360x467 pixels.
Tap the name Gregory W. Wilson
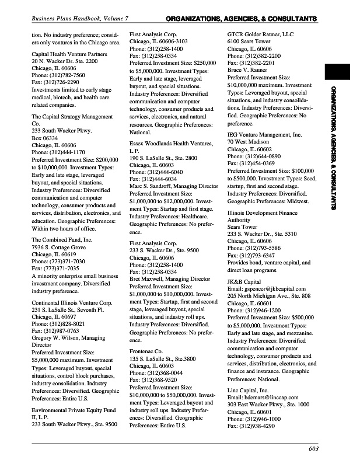(x=58, y=338)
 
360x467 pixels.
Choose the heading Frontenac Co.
(x=145, y=351)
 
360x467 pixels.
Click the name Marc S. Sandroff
(x=155, y=186)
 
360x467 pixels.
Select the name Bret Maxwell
(x=149, y=279)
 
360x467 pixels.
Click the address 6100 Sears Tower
(x=249, y=42)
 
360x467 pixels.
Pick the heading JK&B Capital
(x=243, y=281)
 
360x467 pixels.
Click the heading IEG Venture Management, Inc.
(x=264, y=135)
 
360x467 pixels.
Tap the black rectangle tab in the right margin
(x=337, y=72)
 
